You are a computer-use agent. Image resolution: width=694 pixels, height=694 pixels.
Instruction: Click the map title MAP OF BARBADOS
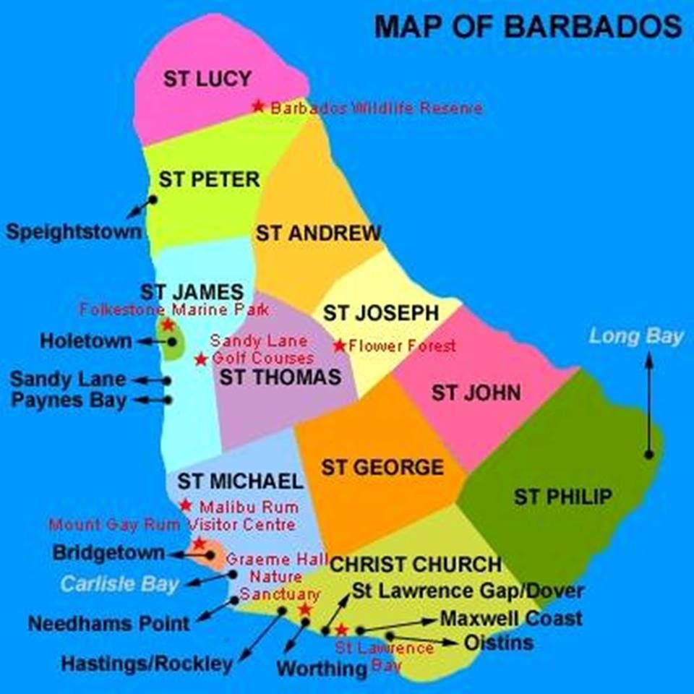(x=528, y=27)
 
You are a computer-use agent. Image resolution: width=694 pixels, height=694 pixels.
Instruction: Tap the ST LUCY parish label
(x=207, y=79)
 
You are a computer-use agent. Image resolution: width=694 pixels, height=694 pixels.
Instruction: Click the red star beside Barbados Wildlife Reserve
(x=258, y=106)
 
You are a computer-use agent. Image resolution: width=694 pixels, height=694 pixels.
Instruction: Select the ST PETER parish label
(x=210, y=179)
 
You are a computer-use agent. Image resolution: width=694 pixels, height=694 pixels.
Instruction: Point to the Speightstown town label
(x=74, y=232)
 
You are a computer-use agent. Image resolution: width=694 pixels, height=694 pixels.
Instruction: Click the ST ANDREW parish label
(x=318, y=234)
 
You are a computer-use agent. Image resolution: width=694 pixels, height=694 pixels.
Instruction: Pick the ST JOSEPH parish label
(x=380, y=313)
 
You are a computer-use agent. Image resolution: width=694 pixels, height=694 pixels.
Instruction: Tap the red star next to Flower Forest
(x=339, y=346)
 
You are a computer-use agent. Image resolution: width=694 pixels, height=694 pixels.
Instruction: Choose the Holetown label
(x=86, y=340)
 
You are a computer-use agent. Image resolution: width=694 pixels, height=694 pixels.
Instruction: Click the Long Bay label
(x=636, y=336)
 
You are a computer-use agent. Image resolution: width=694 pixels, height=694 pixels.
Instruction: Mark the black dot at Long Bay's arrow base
(x=649, y=454)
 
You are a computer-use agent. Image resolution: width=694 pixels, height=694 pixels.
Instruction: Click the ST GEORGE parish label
(x=382, y=468)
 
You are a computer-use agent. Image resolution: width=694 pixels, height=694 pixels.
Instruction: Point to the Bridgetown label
(x=108, y=553)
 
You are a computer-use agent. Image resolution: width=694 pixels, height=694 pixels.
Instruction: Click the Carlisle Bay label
(x=119, y=584)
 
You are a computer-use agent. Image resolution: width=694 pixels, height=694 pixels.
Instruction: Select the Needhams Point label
(x=109, y=623)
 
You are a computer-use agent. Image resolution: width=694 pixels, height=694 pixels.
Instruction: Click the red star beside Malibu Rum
(x=186, y=505)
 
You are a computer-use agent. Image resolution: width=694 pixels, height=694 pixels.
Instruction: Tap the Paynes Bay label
(x=69, y=400)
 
